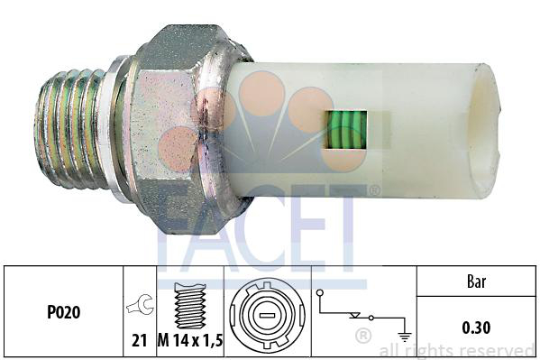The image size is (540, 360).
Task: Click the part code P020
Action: (64, 312)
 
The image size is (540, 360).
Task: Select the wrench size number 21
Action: (140, 341)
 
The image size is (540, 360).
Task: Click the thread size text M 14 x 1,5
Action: (190, 341)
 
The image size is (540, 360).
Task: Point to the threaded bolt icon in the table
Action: (190, 306)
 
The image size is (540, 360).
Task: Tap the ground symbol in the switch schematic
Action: (404, 336)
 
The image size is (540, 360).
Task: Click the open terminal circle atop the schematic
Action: (320, 293)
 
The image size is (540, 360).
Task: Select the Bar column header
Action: (476, 282)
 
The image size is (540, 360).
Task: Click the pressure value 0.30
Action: (476, 328)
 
